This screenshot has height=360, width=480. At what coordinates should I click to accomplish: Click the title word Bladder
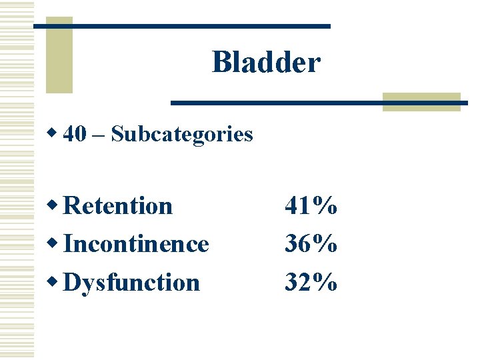(266, 63)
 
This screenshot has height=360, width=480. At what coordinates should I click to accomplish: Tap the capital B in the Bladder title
(221, 63)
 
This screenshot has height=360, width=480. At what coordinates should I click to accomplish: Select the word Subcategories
(182, 135)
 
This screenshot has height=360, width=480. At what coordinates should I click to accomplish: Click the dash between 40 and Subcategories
(98, 135)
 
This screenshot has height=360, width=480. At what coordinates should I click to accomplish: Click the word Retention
(118, 205)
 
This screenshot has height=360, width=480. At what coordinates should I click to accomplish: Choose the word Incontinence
(136, 244)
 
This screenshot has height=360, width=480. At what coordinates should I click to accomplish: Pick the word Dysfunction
(131, 283)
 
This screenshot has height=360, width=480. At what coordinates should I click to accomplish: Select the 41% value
(311, 206)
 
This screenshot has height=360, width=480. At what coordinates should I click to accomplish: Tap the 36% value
(311, 244)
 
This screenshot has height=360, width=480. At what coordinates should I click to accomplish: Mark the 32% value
(311, 283)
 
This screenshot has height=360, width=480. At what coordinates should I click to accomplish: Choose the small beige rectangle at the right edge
(421, 101)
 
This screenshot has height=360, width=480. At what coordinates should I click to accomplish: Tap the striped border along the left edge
(17, 180)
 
